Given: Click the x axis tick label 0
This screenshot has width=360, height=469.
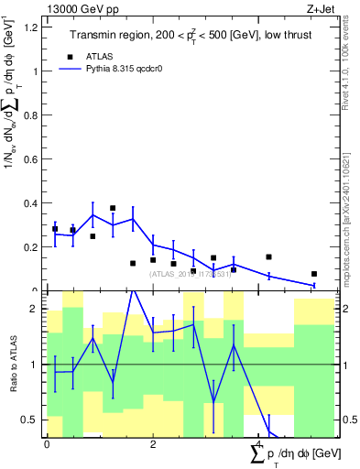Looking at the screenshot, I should tap(47, 444).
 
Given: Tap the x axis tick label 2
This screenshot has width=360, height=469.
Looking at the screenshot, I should tap(153, 444).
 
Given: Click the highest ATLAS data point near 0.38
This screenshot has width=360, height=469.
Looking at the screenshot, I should tap(113, 209).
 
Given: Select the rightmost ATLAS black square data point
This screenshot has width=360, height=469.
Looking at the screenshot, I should tap(313, 274).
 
